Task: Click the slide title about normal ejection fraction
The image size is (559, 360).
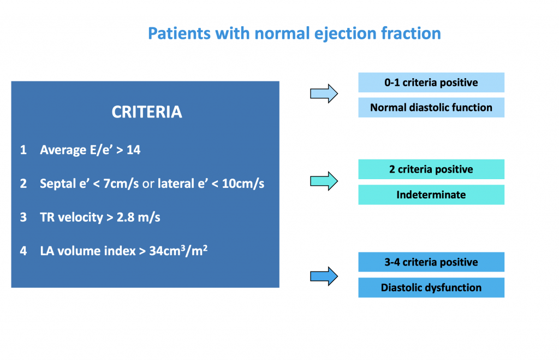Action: click(294, 33)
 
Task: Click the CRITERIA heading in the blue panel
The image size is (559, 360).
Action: click(147, 112)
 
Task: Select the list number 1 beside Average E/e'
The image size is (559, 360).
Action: click(23, 150)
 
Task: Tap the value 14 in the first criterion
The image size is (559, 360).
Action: click(134, 150)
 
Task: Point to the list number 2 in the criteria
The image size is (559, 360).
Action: click(23, 184)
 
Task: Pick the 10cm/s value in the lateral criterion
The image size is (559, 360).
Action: click(243, 184)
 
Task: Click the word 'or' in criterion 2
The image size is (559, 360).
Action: click(148, 184)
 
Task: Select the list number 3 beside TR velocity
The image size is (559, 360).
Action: click(23, 217)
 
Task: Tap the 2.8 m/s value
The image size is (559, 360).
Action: click(139, 217)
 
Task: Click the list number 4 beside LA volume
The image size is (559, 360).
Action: click(23, 251)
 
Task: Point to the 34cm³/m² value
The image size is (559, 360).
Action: click(179, 250)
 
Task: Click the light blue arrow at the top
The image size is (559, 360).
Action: click(324, 94)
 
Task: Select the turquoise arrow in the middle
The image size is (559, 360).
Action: click(324, 181)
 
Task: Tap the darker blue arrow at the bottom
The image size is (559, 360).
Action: click(324, 276)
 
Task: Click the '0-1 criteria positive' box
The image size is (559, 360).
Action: click(431, 82)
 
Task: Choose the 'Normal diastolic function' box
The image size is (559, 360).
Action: click(431, 108)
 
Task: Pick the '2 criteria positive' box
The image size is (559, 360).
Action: click(431, 169)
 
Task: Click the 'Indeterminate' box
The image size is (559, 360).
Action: click(431, 194)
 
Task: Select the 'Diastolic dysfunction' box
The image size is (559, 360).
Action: click(431, 287)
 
